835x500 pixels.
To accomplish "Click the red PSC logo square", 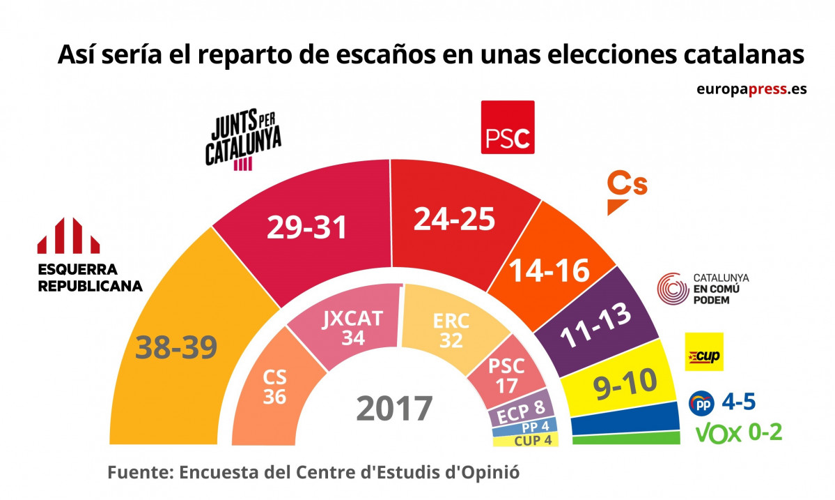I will (x=508, y=127).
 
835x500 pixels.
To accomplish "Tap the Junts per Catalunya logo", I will (x=243, y=140).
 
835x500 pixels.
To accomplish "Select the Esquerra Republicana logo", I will (x=69, y=235).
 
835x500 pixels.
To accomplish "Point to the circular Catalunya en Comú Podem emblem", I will (x=673, y=288).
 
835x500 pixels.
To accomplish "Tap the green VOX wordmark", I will (x=719, y=433).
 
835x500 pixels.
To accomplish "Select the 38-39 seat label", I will (x=176, y=347).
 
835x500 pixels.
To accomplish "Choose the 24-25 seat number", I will (x=454, y=218).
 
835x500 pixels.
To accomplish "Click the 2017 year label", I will (x=394, y=409).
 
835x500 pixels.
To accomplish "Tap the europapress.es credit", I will (x=751, y=89).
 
